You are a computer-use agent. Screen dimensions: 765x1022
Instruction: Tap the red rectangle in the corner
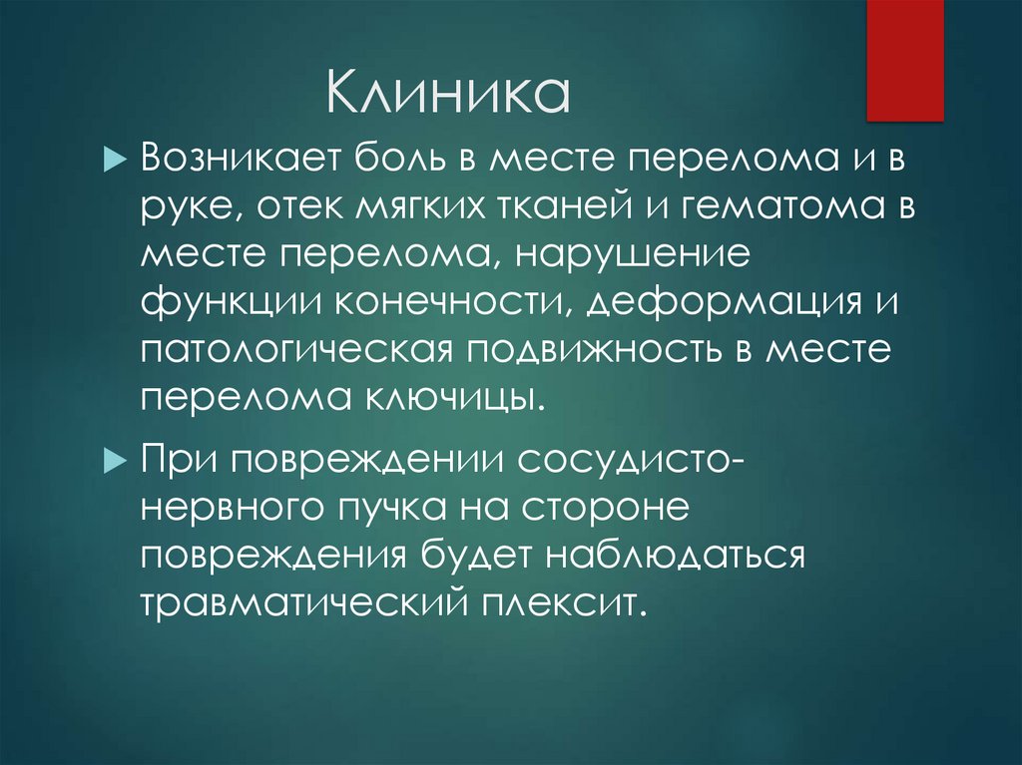pyautogui.click(x=905, y=60)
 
